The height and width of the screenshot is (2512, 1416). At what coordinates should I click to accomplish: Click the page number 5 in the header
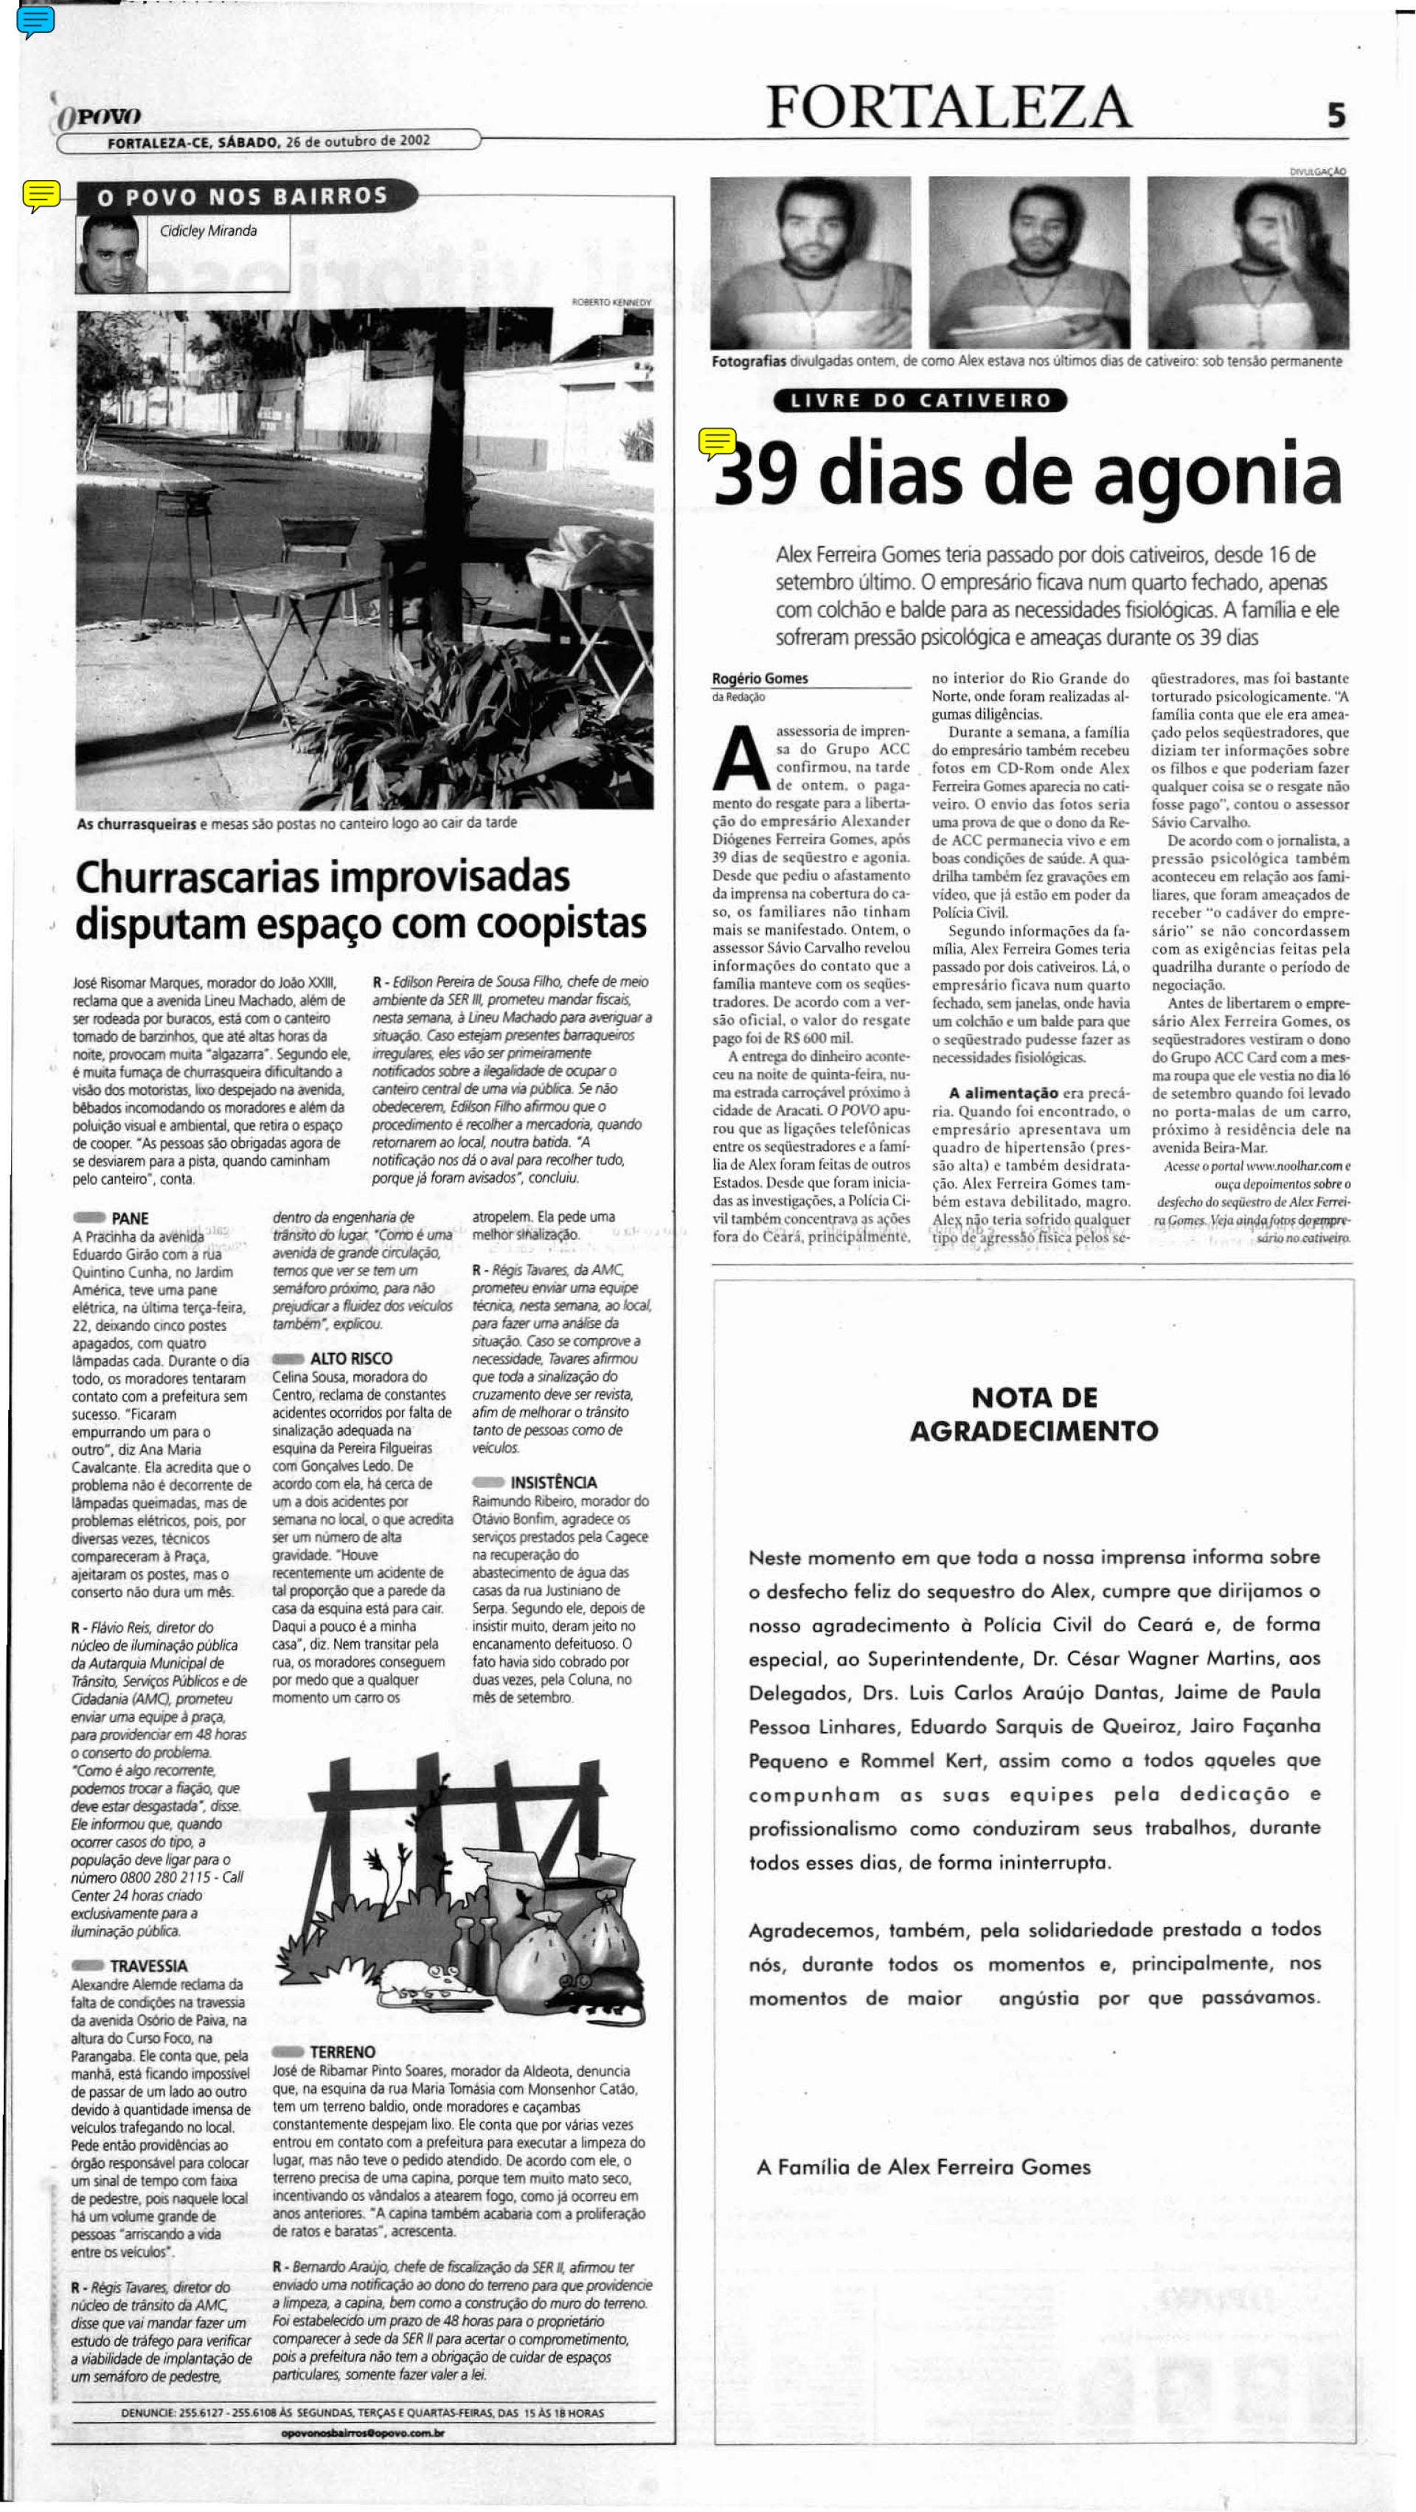tap(1336, 115)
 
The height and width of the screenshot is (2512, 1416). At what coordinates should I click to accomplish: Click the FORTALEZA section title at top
tap(948, 107)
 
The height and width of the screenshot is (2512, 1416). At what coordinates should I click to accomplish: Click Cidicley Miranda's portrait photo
tap(110, 254)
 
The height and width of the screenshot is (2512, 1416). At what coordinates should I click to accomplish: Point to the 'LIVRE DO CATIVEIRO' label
tap(920, 400)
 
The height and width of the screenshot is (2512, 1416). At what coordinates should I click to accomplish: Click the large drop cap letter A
tap(741, 758)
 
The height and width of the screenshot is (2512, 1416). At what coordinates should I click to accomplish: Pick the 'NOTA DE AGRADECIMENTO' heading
tap(1034, 1414)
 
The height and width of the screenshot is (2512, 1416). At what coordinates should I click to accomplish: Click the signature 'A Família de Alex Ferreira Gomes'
tap(923, 2167)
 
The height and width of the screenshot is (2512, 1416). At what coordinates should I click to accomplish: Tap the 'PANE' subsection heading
tap(129, 1218)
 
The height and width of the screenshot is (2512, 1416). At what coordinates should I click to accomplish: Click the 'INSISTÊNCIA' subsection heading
tap(553, 1482)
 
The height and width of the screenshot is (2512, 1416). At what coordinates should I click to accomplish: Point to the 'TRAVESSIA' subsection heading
tap(147, 1966)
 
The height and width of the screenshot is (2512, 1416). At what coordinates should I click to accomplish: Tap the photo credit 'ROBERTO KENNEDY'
tap(611, 303)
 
